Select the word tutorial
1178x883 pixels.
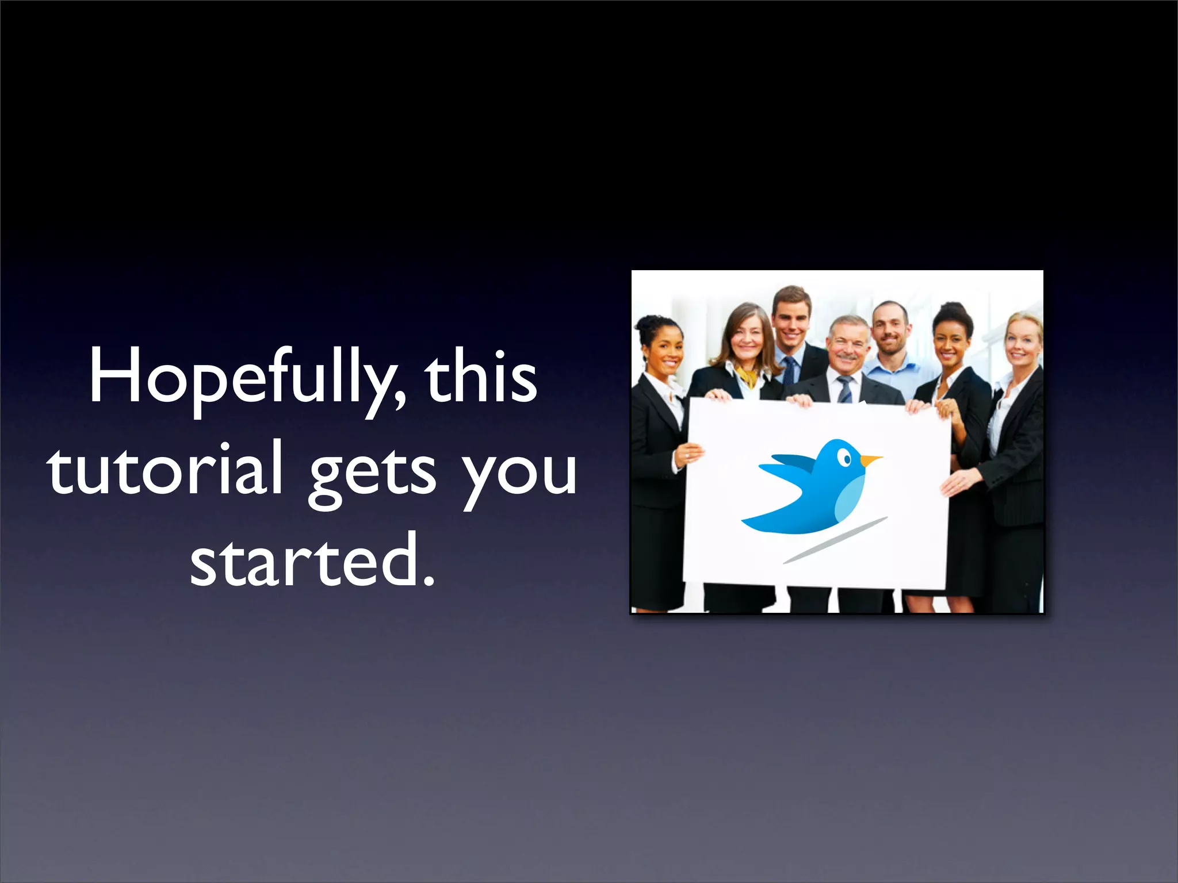pos(166,469)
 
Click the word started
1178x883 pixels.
pos(305,560)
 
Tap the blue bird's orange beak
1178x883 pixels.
pos(870,460)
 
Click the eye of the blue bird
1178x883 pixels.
pos(844,458)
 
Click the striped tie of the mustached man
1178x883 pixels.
pos(845,389)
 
